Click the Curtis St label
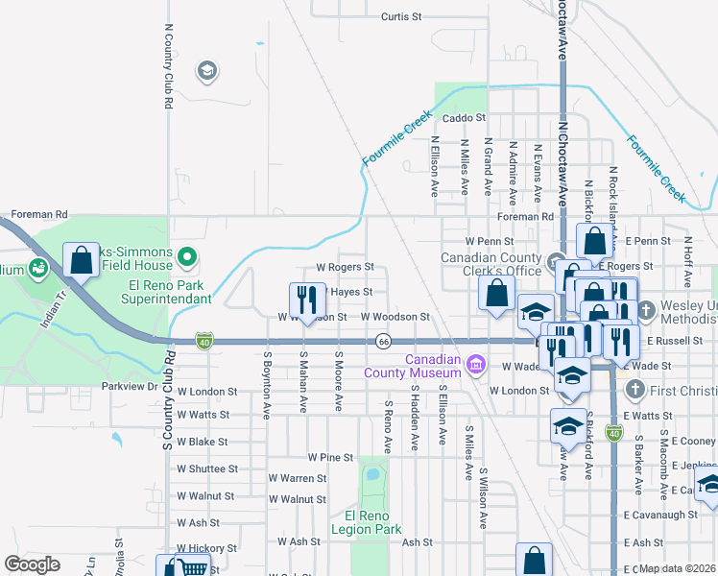pyautogui.click(x=401, y=16)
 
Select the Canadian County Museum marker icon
pyautogui.click(x=475, y=364)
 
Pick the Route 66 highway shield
pyautogui.click(x=383, y=341)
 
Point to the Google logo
pyautogui.click(x=32, y=564)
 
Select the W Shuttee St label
pyautogui.click(x=206, y=468)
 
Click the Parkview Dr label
pyautogui.click(x=129, y=386)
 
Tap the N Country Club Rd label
pyautogui.click(x=168, y=66)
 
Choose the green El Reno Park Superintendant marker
pyautogui.click(x=187, y=256)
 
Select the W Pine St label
pyautogui.click(x=331, y=458)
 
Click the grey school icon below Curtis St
pyautogui.click(x=205, y=70)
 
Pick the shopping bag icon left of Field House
pyautogui.click(x=81, y=259)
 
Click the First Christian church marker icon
pyautogui.click(x=634, y=390)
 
